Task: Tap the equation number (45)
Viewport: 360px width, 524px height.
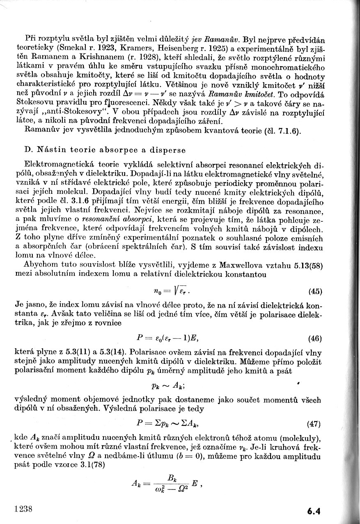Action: [314, 292]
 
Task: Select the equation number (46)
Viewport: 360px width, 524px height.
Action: [314, 339]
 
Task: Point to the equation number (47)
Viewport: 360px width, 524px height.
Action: [314, 424]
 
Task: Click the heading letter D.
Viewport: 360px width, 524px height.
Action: [28, 149]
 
